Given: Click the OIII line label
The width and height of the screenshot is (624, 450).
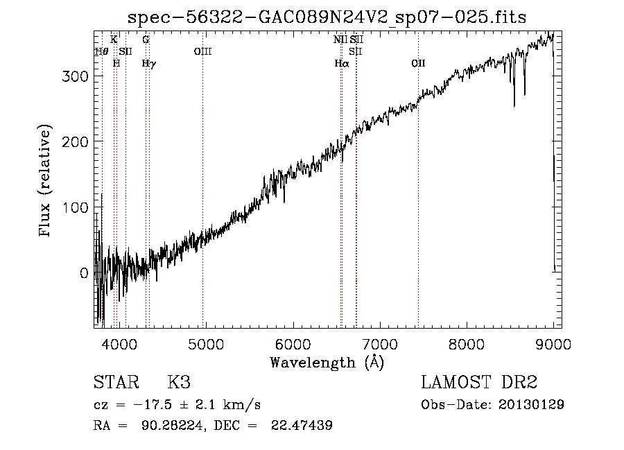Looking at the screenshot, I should click(202, 51).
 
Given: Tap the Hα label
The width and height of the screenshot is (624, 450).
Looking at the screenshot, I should click(341, 63).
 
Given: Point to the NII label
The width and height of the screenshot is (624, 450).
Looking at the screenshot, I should click(340, 40).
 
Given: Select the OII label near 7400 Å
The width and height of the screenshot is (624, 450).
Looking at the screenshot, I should click(417, 63).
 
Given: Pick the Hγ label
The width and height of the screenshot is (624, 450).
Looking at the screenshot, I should click(148, 63).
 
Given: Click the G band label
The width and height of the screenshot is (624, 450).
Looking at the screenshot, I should click(146, 40).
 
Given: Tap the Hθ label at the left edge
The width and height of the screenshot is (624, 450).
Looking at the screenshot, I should click(101, 51).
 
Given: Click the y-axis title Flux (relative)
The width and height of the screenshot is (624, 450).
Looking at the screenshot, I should click(46, 182).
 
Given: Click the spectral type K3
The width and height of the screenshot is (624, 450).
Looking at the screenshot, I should click(179, 383).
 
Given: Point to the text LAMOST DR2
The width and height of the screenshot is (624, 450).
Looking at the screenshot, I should click(479, 383).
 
